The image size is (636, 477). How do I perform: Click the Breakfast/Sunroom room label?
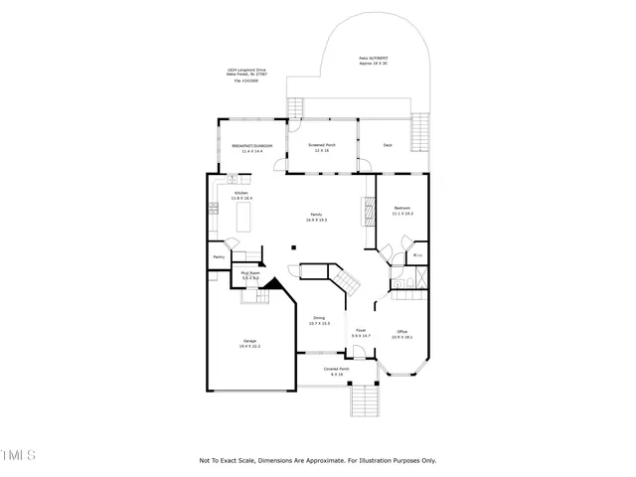(x=252, y=146)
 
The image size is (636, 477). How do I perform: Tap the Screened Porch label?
(x=322, y=146)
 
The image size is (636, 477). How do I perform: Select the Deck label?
(x=389, y=145)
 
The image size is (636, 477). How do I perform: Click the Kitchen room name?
(x=241, y=194)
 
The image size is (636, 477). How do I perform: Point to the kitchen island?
(x=243, y=216)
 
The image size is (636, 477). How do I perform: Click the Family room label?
(x=317, y=217)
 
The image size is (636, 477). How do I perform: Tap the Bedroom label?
(x=402, y=209)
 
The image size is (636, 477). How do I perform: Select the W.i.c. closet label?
(x=417, y=255)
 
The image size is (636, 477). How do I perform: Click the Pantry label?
(x=218, y=257)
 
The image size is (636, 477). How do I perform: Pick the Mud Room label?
(x=249, y=274)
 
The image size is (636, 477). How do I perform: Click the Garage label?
(x=249, y=344)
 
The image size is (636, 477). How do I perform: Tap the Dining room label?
(x=319, y=320)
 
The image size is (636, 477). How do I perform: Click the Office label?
(x=402, y=334)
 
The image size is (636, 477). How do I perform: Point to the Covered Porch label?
(x=337, y=371)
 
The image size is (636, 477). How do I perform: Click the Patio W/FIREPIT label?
(x=374, y=61)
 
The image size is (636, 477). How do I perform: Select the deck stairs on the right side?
(x=422, y=129)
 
